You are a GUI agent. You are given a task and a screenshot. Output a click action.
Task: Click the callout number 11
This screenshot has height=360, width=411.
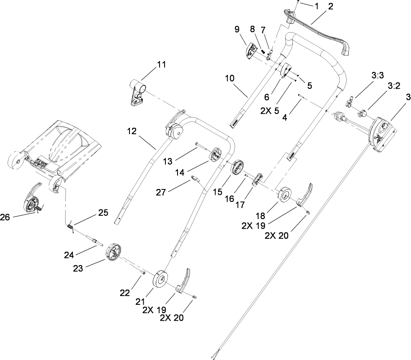click(x=161, y=65)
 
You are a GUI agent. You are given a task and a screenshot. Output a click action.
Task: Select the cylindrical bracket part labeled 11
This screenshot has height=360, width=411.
click(x=137, y=94)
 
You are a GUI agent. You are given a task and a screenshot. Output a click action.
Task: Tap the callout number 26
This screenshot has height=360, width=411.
click(x=5, y=217)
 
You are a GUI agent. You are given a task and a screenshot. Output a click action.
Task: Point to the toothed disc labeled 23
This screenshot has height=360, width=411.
click(x=113, y=252)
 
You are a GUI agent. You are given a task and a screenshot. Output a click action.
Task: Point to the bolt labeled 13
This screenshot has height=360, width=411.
click(x=200, y=146)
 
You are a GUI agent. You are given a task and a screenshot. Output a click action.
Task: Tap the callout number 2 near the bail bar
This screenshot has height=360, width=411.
click(x=330, y=6)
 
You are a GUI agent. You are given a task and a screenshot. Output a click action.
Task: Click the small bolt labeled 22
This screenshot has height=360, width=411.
click(x=142, y=272)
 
